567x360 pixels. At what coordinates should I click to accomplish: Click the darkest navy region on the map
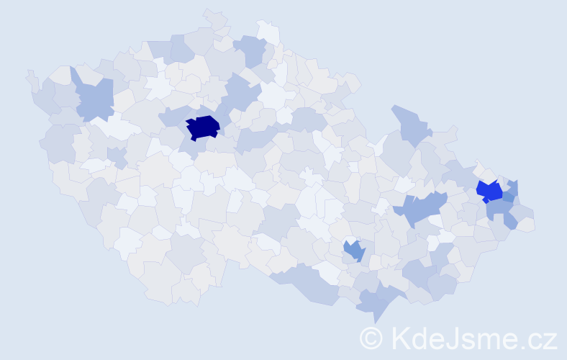202,127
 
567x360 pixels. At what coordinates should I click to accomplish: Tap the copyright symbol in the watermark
371,338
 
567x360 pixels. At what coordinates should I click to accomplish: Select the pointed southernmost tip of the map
374,321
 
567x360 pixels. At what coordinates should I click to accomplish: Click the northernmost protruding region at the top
214,17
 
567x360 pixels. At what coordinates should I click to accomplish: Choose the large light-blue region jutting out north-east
410,124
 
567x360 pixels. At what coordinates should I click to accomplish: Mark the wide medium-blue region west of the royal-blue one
421,210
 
